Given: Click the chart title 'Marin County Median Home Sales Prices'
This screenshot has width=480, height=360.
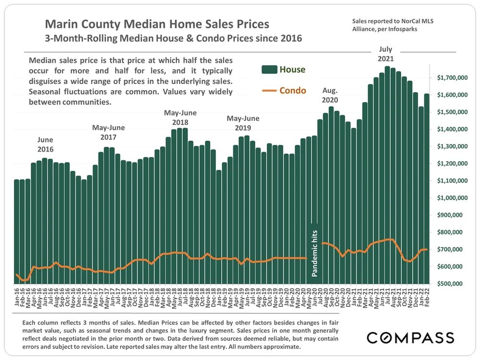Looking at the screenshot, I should [157, 24].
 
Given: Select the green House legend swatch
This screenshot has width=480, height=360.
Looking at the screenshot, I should [270, 70].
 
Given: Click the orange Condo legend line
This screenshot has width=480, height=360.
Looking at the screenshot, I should [270, 90].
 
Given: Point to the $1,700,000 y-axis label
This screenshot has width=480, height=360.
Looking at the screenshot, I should [453, 78].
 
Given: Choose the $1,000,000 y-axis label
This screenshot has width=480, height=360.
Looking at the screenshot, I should [453, 198].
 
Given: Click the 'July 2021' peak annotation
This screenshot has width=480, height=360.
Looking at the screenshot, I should [386, 54].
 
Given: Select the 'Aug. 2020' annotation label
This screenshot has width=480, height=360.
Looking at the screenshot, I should [330, 95].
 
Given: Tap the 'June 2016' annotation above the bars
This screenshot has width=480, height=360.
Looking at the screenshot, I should [45, 144].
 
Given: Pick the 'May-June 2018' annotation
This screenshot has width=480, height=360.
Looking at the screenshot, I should [180, 118].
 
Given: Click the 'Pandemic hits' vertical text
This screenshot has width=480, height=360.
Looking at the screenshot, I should [315, 250].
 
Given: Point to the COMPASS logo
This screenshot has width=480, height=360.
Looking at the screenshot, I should [410, 337].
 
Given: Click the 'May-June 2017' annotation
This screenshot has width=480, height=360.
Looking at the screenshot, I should [108, 132].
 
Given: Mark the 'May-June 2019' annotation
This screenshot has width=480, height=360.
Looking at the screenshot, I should [243, 123].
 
